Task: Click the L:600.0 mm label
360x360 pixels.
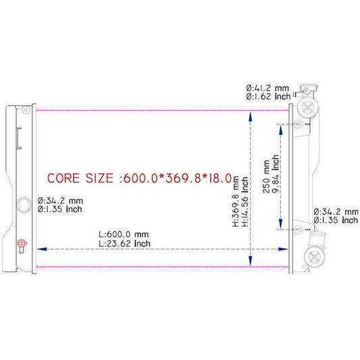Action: (x=124, y=234)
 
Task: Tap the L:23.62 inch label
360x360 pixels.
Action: (x=124, y=244)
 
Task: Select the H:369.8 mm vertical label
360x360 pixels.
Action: (x=236, y=201)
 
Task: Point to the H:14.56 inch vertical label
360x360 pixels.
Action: (x=245, y=201)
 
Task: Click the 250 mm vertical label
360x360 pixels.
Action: (x=266, y=176)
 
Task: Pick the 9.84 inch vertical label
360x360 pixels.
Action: (x=276, y=174)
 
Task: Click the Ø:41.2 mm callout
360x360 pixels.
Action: (x=267, y=88)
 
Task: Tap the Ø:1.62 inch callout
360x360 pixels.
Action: (x=268, y=97)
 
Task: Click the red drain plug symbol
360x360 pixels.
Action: (x=22, y=243)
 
